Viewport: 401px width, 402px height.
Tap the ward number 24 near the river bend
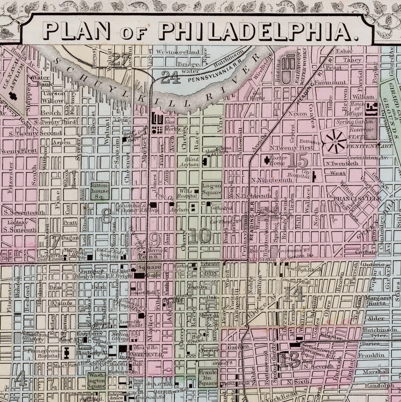[x=171, y=78]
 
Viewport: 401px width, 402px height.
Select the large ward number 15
[x=298, y=161]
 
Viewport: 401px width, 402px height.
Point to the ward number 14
[x=294, y=294]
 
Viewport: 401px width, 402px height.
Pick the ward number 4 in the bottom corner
[x=20, y=378]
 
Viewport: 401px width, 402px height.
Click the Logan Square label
[x=212, y=189]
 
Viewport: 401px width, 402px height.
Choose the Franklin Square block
[x=208, y=378]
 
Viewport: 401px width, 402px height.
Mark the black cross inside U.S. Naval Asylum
[x=13, y=96]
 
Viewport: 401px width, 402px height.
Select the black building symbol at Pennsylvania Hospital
[x=67, y=353]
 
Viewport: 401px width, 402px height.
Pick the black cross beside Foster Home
[x=267, y=160]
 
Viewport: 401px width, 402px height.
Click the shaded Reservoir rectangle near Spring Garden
[x=370, y=129]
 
